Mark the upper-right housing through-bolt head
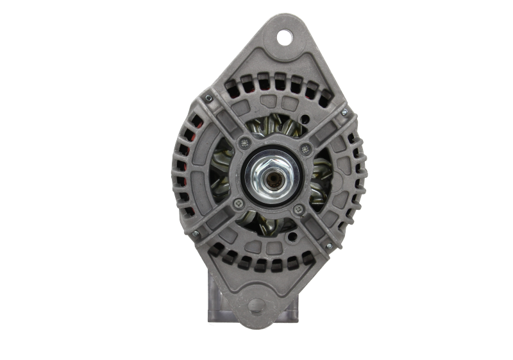point(344,114)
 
